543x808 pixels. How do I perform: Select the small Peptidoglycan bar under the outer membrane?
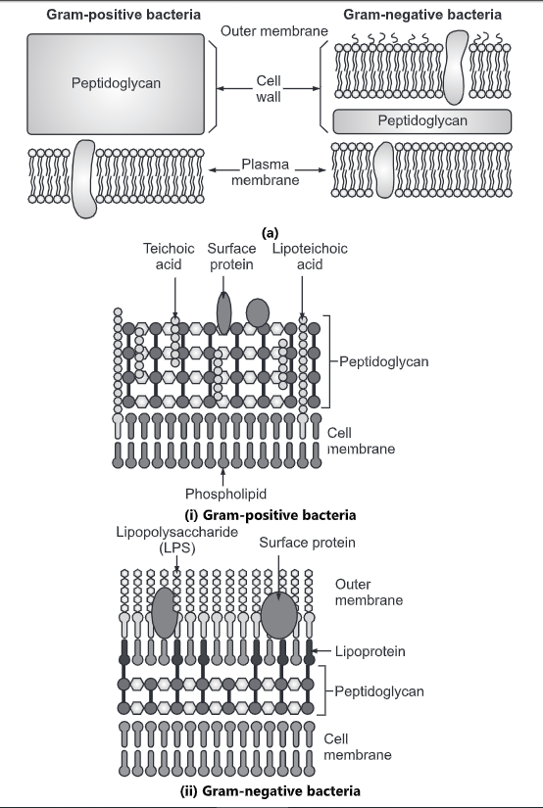[422, 120]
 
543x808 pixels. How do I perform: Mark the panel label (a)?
[271, 233]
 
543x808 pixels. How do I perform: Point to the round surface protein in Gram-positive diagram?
[258, 312]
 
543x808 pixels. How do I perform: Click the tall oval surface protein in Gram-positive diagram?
[223, 311]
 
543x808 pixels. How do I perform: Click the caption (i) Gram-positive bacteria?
[270, 514]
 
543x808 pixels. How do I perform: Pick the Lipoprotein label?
[370, 649]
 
